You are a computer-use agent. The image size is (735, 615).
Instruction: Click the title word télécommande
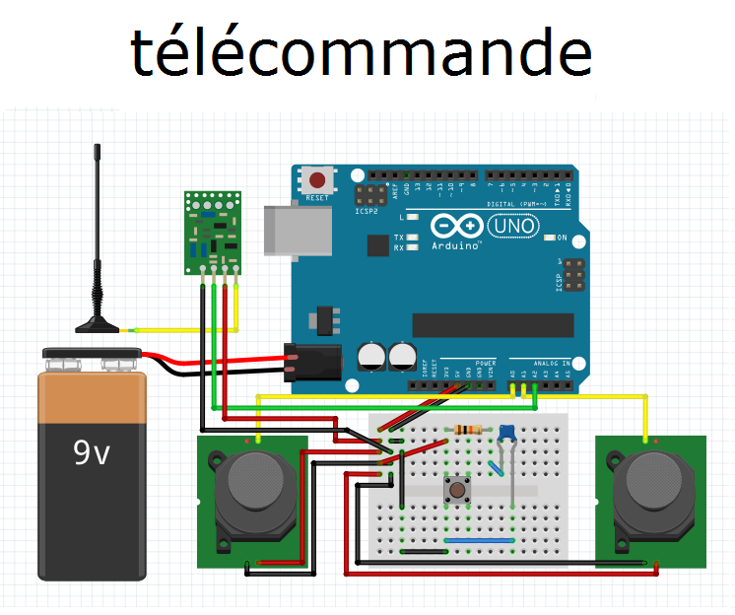click(361, 53)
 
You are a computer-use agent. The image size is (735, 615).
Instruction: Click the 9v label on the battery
click(93, 452)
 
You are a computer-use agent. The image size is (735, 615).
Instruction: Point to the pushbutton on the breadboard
click(457, 490)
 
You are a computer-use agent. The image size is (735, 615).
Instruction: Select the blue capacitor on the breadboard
click(507, 433)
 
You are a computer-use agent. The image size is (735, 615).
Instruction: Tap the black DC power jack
click(311, 362)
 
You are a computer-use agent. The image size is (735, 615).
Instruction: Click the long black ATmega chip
click(492, 324)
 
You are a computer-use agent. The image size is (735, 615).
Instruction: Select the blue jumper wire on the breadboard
click(480, 540)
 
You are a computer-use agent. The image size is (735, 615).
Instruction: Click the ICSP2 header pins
click(372, 193)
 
